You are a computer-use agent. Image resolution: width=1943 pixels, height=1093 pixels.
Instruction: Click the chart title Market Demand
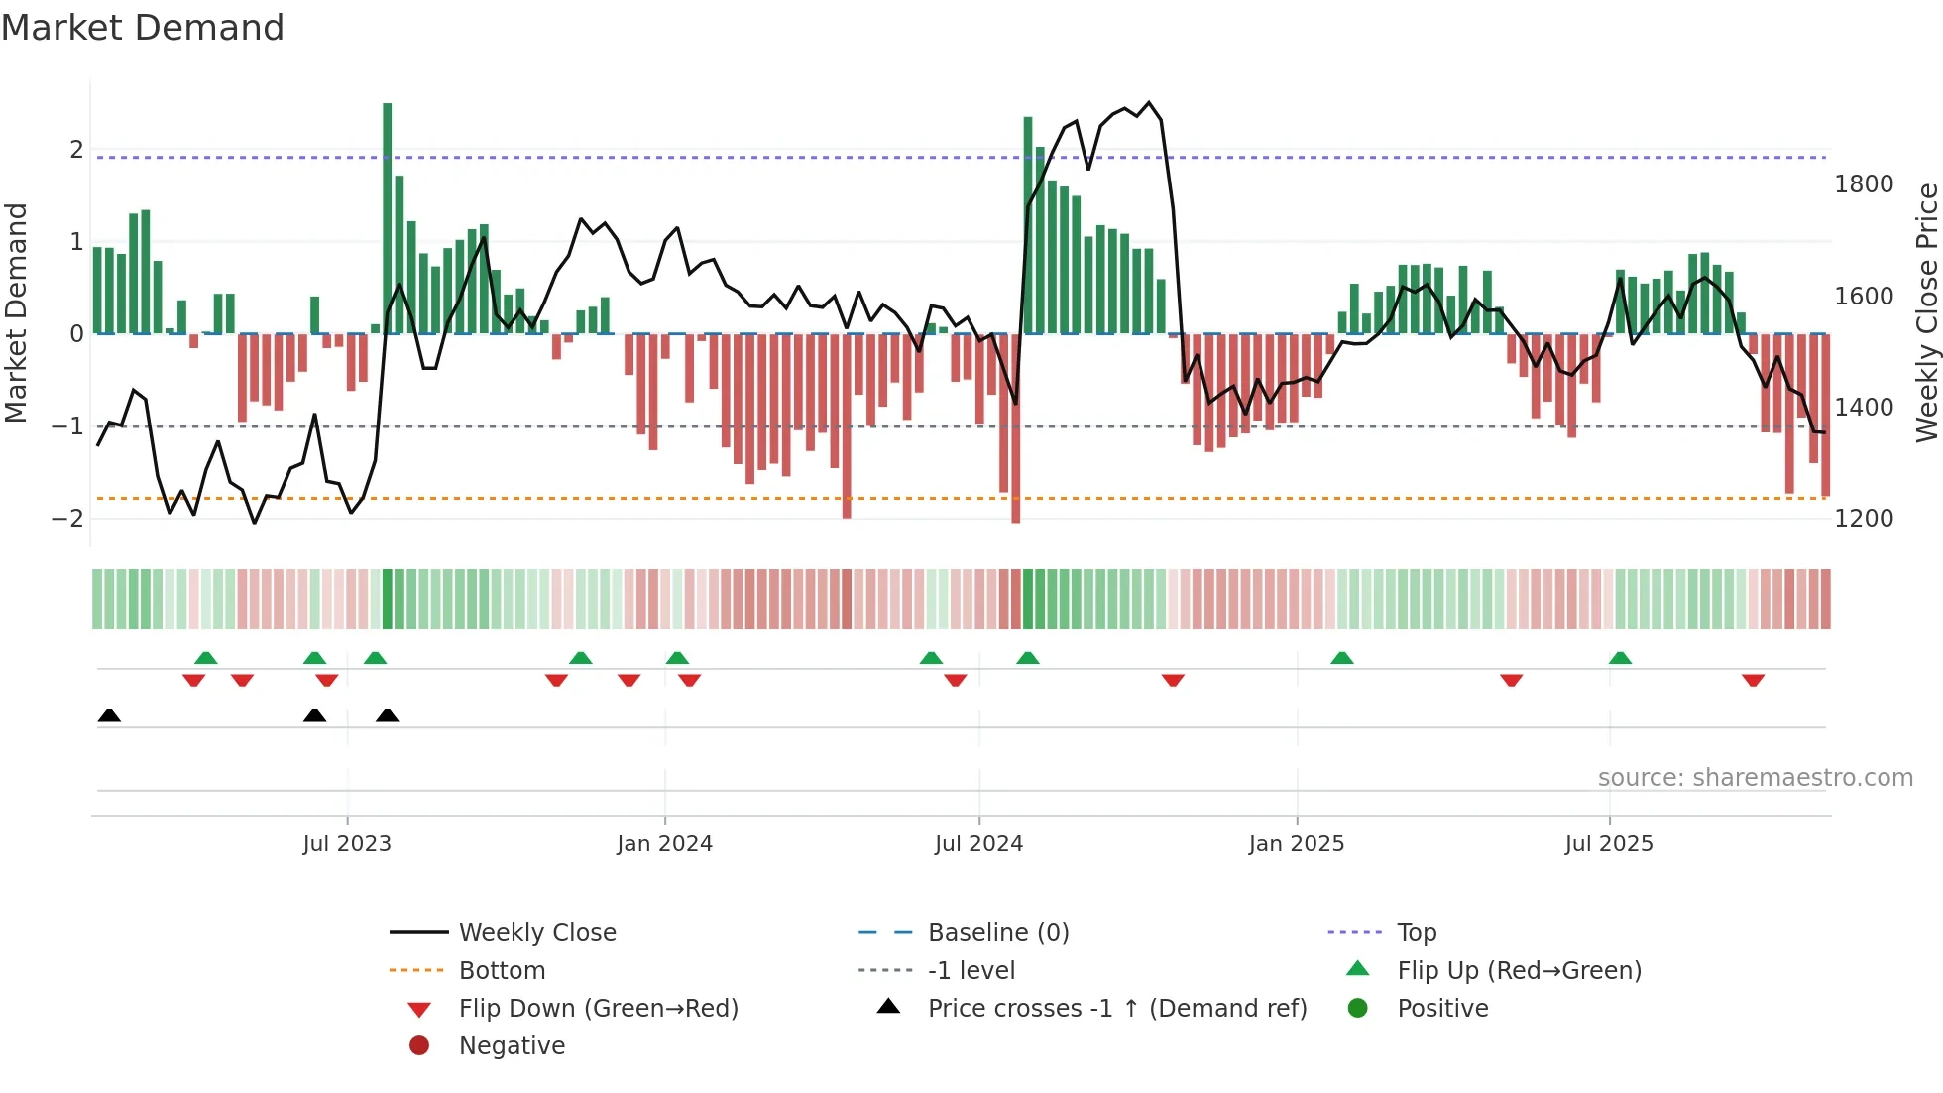coord(143,28)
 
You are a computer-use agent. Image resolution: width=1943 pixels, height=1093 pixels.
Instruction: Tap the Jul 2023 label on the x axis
coord(347,844)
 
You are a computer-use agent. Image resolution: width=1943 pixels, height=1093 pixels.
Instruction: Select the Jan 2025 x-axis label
coord(1296,844)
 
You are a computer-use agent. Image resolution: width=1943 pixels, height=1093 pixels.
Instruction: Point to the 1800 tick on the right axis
coord(1864,184)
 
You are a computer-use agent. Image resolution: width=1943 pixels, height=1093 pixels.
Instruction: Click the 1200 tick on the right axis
coord(1864,519)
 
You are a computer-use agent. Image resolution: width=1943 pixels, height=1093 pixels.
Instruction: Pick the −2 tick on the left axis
coord(67,519)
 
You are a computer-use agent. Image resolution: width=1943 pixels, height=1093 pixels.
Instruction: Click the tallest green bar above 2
coord(387,218)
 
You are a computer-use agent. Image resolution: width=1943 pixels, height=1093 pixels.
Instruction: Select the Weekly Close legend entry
coord(537,933)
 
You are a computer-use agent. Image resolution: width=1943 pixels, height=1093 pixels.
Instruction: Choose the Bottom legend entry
coord(502,971)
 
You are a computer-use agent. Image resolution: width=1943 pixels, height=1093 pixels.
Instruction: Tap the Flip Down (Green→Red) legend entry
coord(598,1009)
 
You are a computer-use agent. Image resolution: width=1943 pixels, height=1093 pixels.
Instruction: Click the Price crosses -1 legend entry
coord(1117,1009)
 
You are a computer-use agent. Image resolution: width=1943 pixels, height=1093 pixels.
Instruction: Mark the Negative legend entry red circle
coord(419,1046)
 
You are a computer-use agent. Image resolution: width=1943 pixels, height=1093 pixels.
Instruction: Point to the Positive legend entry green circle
coord(1358,1009)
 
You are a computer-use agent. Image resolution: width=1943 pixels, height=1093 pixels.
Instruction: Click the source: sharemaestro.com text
coord(1755,778)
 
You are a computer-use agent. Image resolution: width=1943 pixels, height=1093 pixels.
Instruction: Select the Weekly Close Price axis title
coord(1926,312)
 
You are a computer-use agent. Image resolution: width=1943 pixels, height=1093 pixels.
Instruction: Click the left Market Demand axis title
coord(16,312)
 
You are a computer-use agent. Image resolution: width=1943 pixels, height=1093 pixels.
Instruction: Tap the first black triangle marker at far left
coord(109,716)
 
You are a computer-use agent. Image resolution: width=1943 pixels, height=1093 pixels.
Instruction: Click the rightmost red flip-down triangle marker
coord(1753,680)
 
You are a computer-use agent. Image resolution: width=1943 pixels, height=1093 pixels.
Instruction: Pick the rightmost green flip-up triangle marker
coord(1620,658)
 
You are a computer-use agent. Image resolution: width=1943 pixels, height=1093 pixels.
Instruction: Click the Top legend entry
coord(1417,933)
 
